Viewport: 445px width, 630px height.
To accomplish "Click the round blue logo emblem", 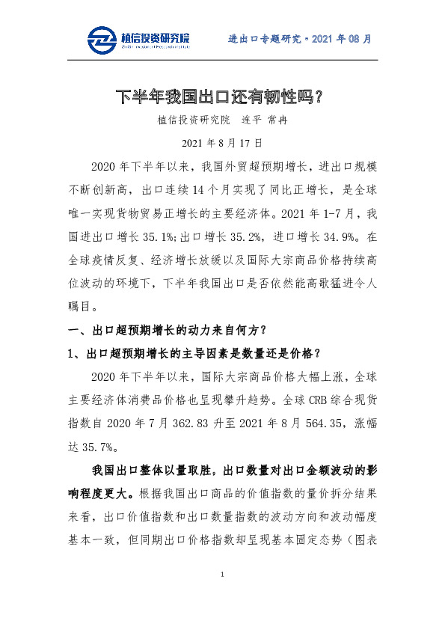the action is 101,40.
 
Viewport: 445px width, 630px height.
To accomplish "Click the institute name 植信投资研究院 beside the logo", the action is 155,37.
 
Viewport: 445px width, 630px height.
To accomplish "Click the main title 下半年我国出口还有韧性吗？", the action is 221,96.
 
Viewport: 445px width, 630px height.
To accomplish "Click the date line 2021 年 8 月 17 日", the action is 221,142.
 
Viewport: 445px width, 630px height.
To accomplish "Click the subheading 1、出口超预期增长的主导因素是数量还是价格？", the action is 194,353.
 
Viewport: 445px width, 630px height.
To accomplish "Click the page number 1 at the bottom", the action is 222,575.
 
